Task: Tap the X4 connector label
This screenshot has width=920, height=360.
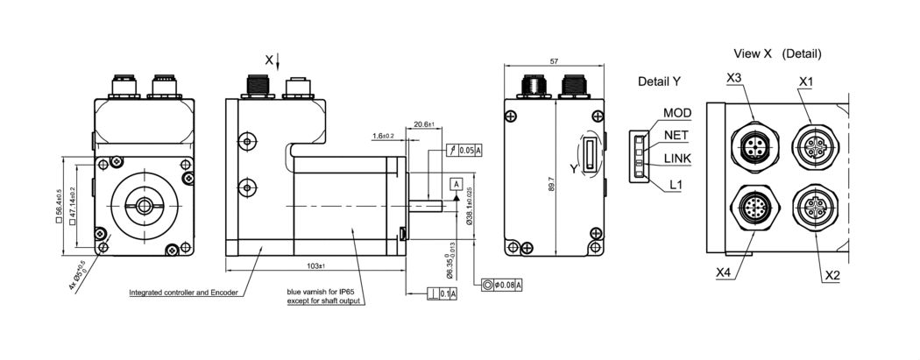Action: [723, 272]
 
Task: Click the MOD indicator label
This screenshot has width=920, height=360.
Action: [677, 113]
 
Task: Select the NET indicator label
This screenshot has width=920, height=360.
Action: [676, 136]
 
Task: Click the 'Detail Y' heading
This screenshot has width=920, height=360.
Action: [660, 81]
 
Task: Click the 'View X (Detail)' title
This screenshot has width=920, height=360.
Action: [778, 53]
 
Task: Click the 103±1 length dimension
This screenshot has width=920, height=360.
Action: [316, 265]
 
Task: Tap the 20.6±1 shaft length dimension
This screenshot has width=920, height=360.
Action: [424, 124]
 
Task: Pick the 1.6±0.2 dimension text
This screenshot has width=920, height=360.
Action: [384, 136]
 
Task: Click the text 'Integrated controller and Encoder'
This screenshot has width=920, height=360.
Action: [183, 293]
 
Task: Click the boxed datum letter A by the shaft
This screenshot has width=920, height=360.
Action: [456, 183]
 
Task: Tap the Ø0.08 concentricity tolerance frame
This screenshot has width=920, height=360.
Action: [503, 285]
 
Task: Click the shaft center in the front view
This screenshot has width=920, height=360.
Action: [144, 205]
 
